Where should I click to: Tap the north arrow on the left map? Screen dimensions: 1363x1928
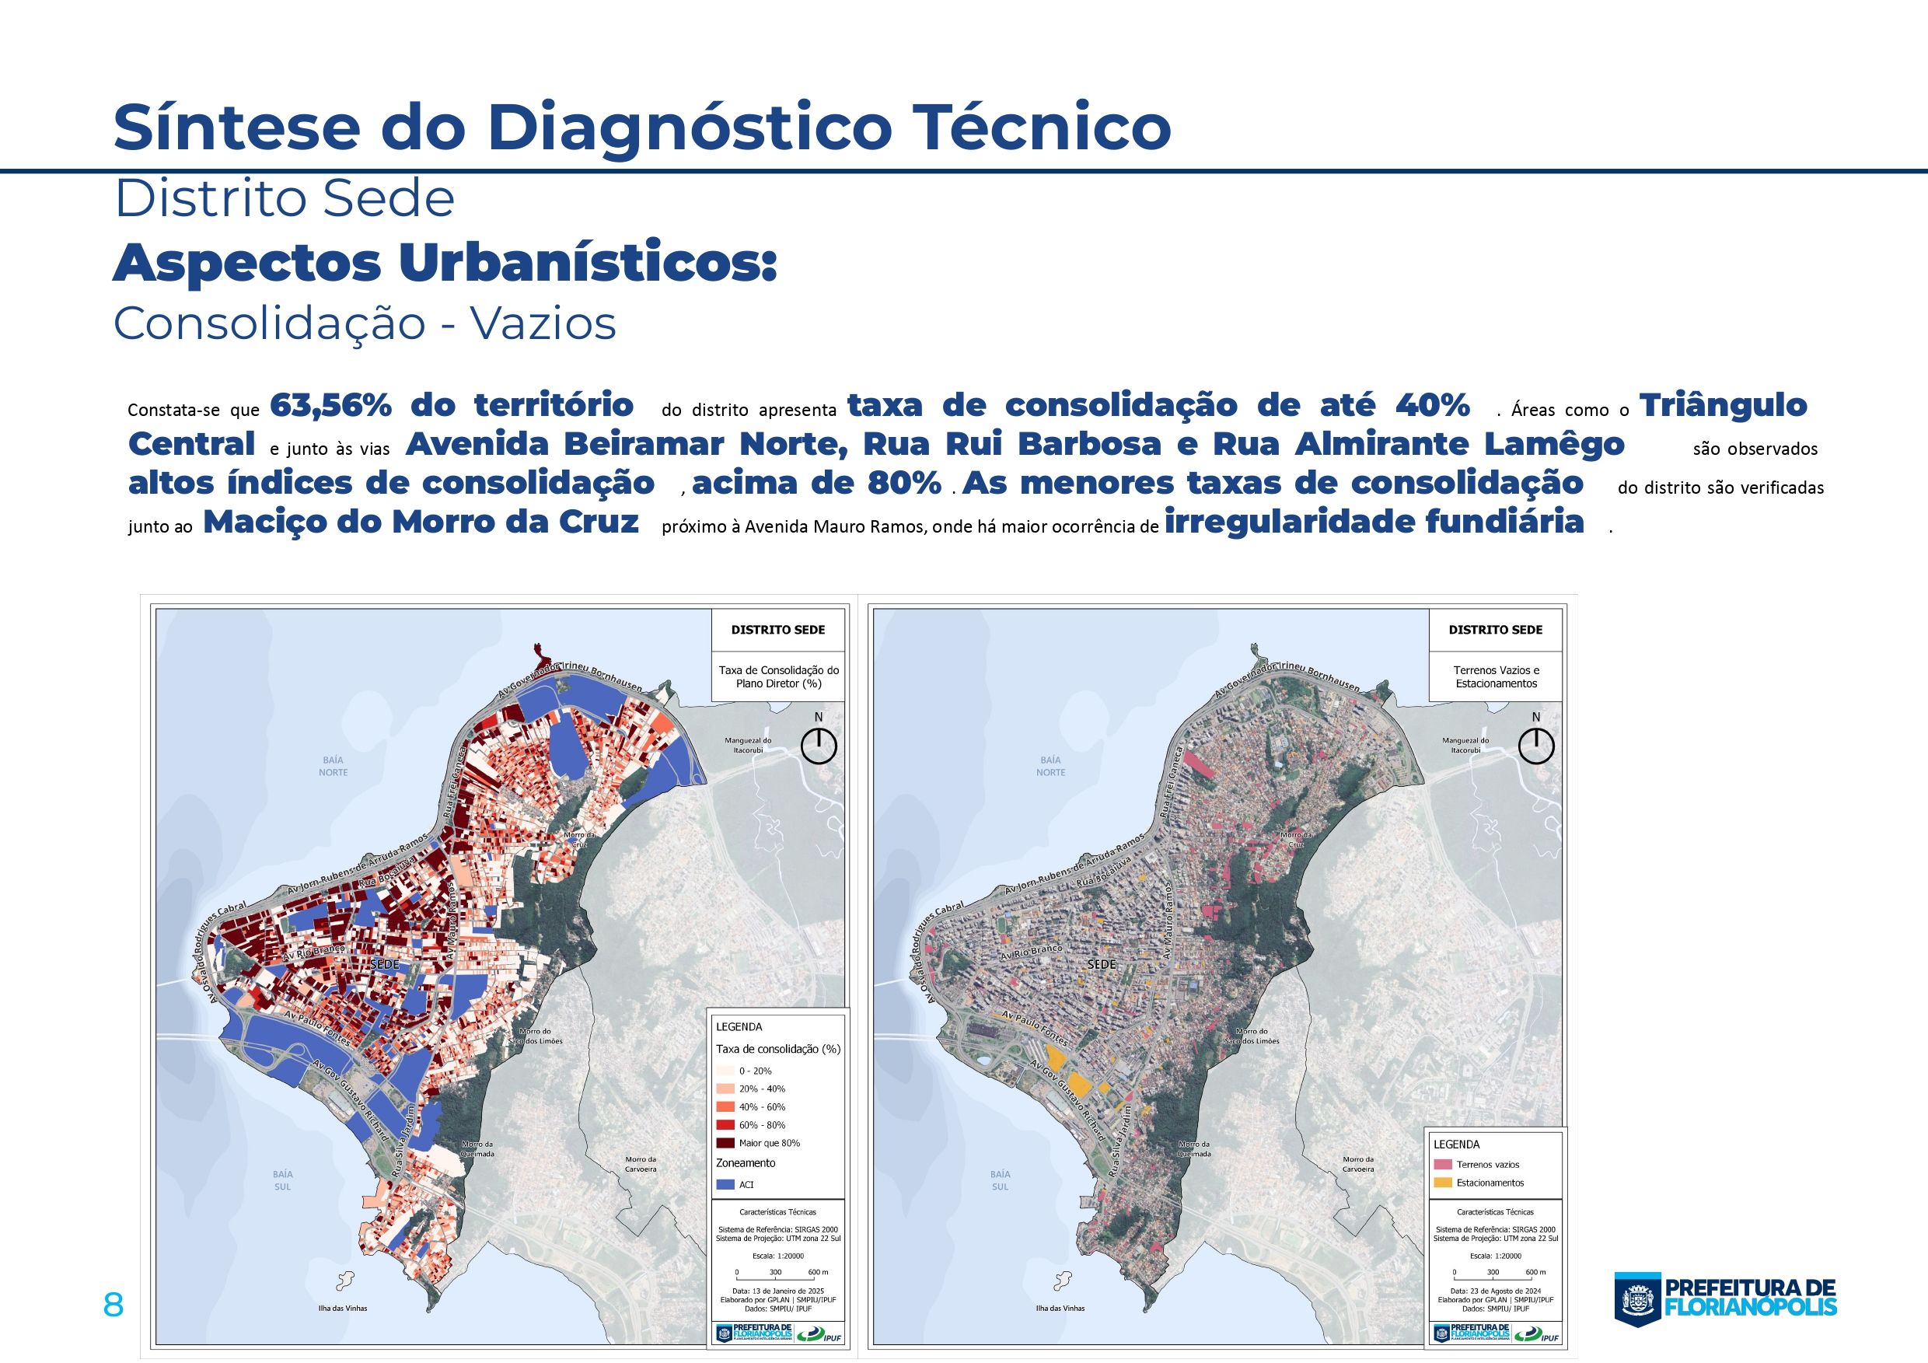[819, 746]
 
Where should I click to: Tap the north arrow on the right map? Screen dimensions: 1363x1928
[1536, 746]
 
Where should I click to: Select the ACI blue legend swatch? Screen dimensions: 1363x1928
[725, 1184]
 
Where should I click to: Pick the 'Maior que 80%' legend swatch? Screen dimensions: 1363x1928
[725, 1143]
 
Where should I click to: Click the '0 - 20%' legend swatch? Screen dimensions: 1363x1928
[725, 1071]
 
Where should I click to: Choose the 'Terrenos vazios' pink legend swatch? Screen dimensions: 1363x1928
[1443, 1164]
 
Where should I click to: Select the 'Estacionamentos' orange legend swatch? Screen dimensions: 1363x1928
[1443, 1183]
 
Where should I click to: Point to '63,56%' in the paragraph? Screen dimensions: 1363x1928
[331, 406]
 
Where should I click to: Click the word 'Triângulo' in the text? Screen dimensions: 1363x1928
[1723, 406]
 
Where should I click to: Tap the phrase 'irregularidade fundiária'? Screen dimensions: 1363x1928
[1374, 522]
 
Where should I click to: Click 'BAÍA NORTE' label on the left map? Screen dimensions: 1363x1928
[333, 766]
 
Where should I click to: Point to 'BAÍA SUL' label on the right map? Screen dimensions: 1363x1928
[1000, 1180]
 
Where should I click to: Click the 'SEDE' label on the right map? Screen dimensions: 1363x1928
[1102, 964]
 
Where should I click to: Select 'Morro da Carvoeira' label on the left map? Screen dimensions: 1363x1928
[641, 1164]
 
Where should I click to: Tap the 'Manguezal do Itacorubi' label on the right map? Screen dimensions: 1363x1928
[1465, 745]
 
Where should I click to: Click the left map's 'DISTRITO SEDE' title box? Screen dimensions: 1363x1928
[777, 630]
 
